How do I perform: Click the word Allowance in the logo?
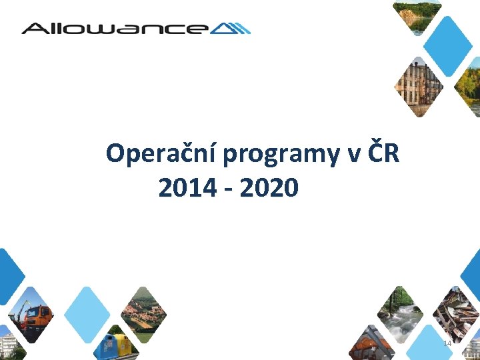pos(113,28)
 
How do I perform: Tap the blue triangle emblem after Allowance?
pos(234,28)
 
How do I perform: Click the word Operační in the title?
pos(161,154)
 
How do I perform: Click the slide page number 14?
pos(447,343)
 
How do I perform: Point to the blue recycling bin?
pos(105,348)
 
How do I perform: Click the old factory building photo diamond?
pos(419,85)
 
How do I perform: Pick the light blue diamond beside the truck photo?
pos(87,313)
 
